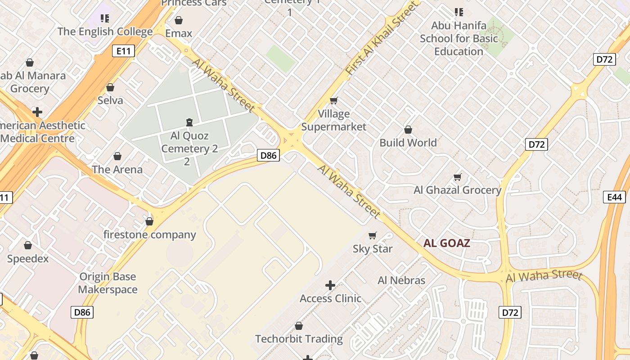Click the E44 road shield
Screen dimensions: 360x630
click(x=614, y=197)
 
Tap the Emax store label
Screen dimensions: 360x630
click(x=179, y=33)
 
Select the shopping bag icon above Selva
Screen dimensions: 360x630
click(x=110, y=87)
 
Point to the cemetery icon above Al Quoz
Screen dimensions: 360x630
click(x=189, y=122)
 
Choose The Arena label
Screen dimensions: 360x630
click(x=117, y=170)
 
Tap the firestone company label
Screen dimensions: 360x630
click(x=149, y=234)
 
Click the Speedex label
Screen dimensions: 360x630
click(x=28, y=259)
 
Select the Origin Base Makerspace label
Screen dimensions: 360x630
click(x=108, y=283)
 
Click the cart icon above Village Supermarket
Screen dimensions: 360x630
click(x=333, y=100)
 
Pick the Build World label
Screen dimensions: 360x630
click(x=408, y=143)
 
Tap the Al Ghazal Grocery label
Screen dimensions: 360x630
click(x=457, y=190)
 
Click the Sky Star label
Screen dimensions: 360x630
click(x=373, y=249)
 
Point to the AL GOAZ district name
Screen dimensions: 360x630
click(x=447, y=243)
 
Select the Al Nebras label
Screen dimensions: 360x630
click(x=401, y=280)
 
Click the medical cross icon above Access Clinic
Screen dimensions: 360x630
click(x=330, y=285)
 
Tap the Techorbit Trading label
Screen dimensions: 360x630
click(x=299, y=339)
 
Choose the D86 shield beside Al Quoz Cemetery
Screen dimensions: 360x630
click(x=269, y=156)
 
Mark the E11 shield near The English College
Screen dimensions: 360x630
click(x=123, y=51)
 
